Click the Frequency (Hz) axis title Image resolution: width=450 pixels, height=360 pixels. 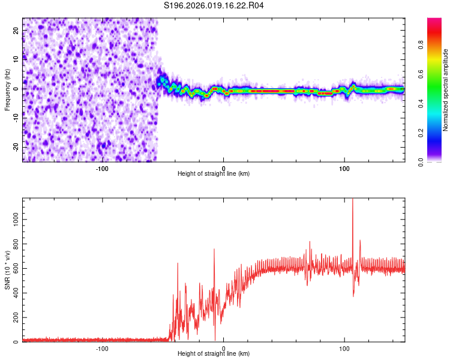pyautogui.click(x=7, y=90)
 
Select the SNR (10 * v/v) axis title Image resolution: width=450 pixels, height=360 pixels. pyautogui.click(x=7, y=270)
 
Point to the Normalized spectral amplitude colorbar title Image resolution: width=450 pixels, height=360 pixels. pyautogui.click(x=446, y=90)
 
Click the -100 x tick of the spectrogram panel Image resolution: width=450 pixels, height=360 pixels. pyautogui.click(x=101, y=167)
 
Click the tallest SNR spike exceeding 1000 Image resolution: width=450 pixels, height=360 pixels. pyautogui.click(x=353, y=200)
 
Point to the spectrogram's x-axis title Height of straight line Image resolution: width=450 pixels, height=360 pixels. pyautogui.click(x=214, y=173)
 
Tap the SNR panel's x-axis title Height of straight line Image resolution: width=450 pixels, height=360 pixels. pyautogui.click(x=214, y=354)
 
